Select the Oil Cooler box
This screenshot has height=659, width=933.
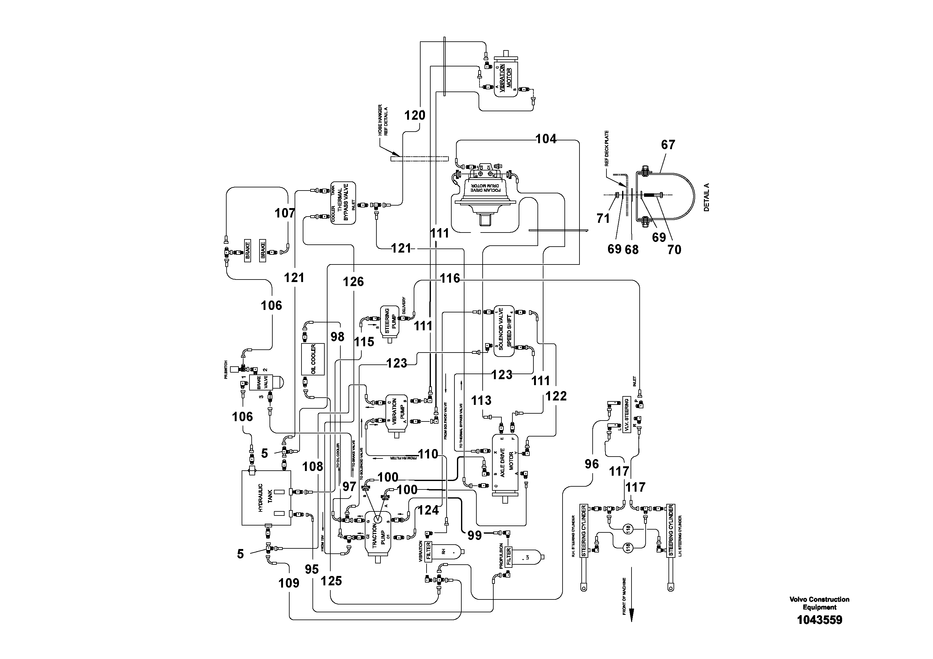pos(312,359)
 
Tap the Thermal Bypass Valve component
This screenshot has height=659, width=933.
pos(343,203)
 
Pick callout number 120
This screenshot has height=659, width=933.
pos(415,116)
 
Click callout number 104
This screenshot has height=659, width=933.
pos(546,139)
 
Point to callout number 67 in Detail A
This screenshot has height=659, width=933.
pos(668,145)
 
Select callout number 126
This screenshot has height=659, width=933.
pos(353,282)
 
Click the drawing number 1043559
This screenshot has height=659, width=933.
pos(819,620)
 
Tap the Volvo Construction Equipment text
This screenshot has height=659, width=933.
pos(819,603)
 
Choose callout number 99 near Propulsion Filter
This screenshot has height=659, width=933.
pos(474,536)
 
